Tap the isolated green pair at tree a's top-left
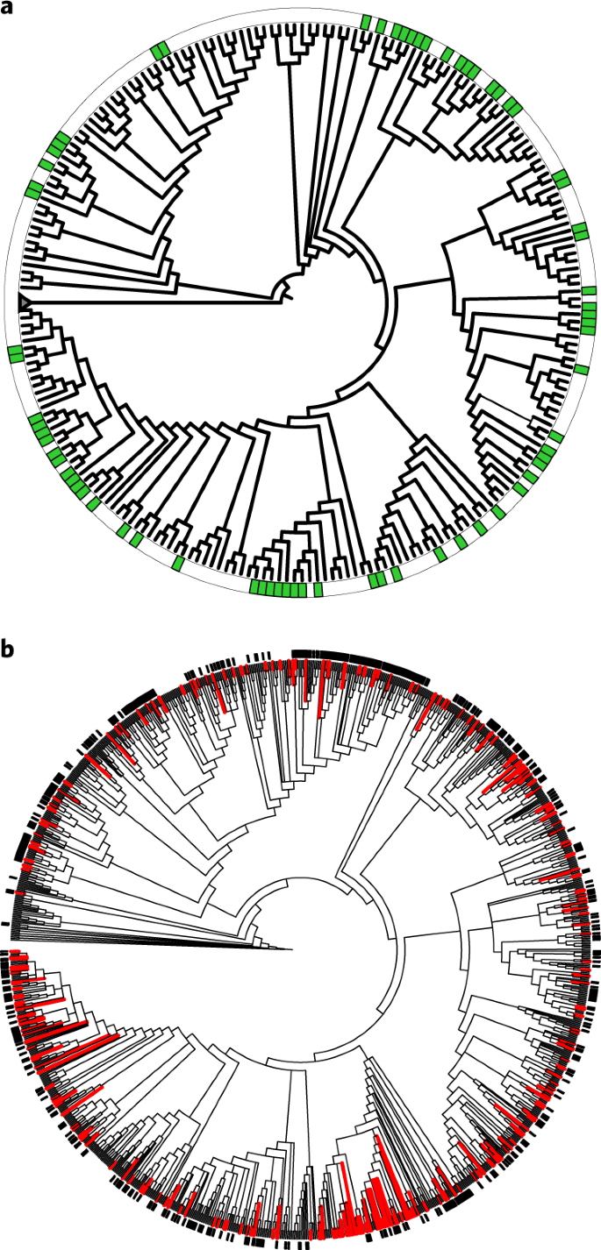(160, 52)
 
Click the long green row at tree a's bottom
(280, 588)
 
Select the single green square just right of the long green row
(318, 590)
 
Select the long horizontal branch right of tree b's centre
(430, 936)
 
